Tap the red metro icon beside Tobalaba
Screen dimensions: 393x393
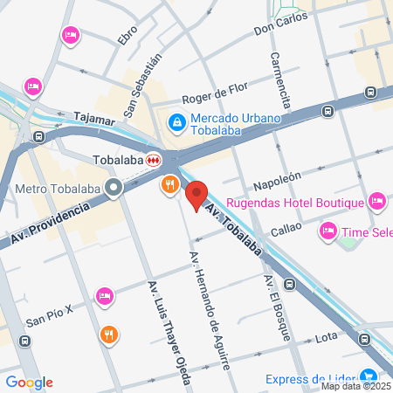154,160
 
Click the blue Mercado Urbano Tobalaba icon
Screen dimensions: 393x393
176,122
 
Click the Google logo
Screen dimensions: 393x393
29,383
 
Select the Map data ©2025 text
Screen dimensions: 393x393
355,386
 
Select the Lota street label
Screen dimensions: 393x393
326,336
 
